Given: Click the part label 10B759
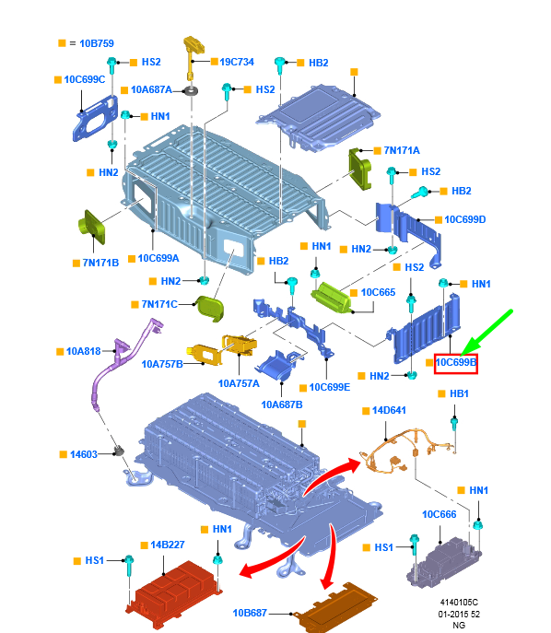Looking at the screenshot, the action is pyautogui.click(x=97, y=43).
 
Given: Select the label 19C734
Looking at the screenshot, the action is pyautogui.click(x=237, y=62).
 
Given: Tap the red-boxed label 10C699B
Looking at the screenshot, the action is pyautogui.click(x=456, y=362).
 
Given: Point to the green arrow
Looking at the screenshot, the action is pyautogui.click(x=486, y=333).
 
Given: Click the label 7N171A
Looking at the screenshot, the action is pyautogui.click(x=402, y=150).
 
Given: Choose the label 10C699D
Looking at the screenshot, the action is pyautogui.click(x=465, y=219).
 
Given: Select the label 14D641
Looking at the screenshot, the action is pyautogui.click(x=389, y=410).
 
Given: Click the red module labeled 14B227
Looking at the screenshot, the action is pyautogui.click(x=174, y=592).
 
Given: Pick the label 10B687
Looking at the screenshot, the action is pyautogui.click(x=250, y=613).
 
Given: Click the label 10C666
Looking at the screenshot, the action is pyautogui.click(x=440, y=514).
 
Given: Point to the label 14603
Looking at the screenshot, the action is pyautogui.click(x=84, y=454).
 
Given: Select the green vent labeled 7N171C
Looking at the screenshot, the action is pyautogui.click(x=209, y=309).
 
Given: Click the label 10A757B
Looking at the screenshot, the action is pyautogui.click(x=162, y=364).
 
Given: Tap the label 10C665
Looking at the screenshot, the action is pyautogui.click(x=378, y=292).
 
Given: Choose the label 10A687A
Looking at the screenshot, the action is pyautogui.click(x=151, y=89).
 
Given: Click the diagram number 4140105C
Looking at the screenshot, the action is pyautogui.click(x=459, y=603).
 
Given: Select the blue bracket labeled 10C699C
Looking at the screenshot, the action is pyautogui.click(x=95, y=120).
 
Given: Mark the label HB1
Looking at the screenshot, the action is pyautogui.click(x=459, y=393).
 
